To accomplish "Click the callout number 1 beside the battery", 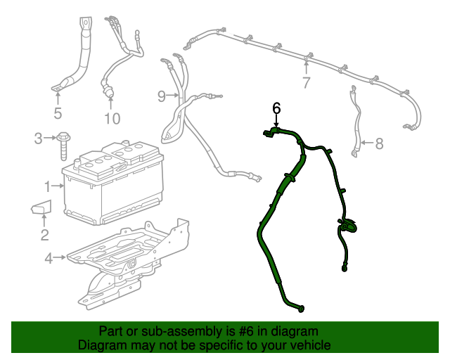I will [x=47, y=186].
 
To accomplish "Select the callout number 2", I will [x=44, y=235].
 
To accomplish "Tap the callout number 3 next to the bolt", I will [x=39, y=139].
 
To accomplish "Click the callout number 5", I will [x=58, y=113].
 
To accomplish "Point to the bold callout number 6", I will [x=276, y=108].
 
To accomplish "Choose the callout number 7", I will [x=306, y=83].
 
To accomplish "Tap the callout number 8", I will [x=379, y=144].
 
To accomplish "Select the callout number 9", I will [x=161, y=95].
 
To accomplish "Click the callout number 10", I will [x=112, y=118].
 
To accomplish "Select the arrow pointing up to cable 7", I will [x=306, y=67].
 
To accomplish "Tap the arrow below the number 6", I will [x=276, y=121].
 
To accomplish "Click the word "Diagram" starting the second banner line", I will [x=101, y=345].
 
